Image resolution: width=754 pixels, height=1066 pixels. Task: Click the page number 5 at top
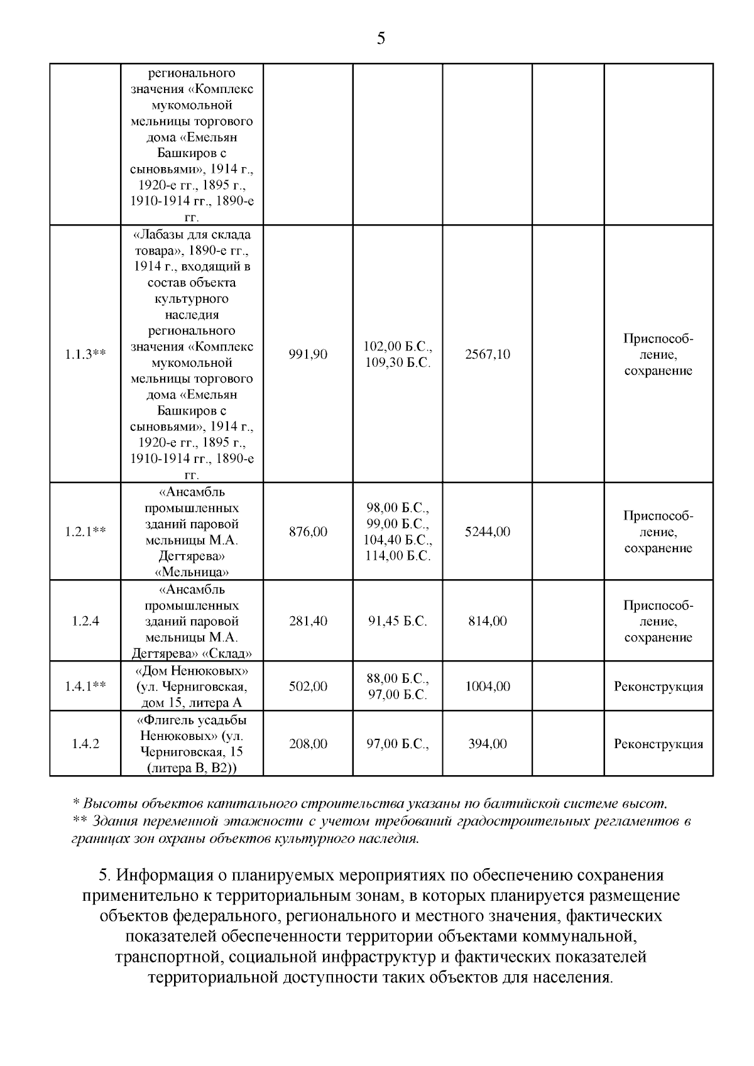tap(381, 39)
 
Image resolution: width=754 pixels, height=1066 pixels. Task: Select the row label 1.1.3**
tap(85, 354)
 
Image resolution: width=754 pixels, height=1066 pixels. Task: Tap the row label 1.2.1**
tap(85, 531)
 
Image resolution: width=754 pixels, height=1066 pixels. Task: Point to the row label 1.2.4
tap(85, 621)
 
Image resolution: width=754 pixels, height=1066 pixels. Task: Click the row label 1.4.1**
tap(85, 686)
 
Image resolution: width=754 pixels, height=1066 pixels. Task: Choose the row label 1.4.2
tap(85, 744)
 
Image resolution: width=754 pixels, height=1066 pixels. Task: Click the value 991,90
tap(308, 354)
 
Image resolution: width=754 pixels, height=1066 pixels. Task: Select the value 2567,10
tap(488, 354)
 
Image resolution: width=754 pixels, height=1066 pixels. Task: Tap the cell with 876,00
tap(308, 531)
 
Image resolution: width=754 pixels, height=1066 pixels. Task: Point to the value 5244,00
tap(488, 531)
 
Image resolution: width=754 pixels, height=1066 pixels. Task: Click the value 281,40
tap(308, 621)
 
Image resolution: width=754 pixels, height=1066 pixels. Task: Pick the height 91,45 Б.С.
tap(398, 621)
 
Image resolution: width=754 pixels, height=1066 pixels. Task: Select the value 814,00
tap(488, 621)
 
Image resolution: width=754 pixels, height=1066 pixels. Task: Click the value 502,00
tap(308, 686)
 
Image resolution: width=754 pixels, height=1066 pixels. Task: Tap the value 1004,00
tap(488, 686)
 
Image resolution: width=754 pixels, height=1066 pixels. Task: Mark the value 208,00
tap(308, 744)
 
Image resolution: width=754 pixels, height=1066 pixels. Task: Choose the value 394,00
tap(488, 744)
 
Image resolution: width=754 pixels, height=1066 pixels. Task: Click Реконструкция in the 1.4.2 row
tap(658, 744)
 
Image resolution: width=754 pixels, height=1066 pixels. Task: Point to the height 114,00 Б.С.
tap(398, 556)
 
